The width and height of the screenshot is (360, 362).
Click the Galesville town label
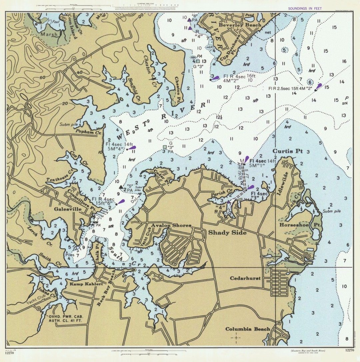65,209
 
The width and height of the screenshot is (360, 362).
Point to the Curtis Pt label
288,151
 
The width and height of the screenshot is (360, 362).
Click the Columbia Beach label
248,329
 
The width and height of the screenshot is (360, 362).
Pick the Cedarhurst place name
245,278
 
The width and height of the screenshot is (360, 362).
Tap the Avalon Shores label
171,225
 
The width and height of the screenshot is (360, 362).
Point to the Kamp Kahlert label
81,284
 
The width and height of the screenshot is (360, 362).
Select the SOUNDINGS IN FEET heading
305,8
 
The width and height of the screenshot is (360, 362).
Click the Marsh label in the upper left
49,34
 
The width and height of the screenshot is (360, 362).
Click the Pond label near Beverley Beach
249,15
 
